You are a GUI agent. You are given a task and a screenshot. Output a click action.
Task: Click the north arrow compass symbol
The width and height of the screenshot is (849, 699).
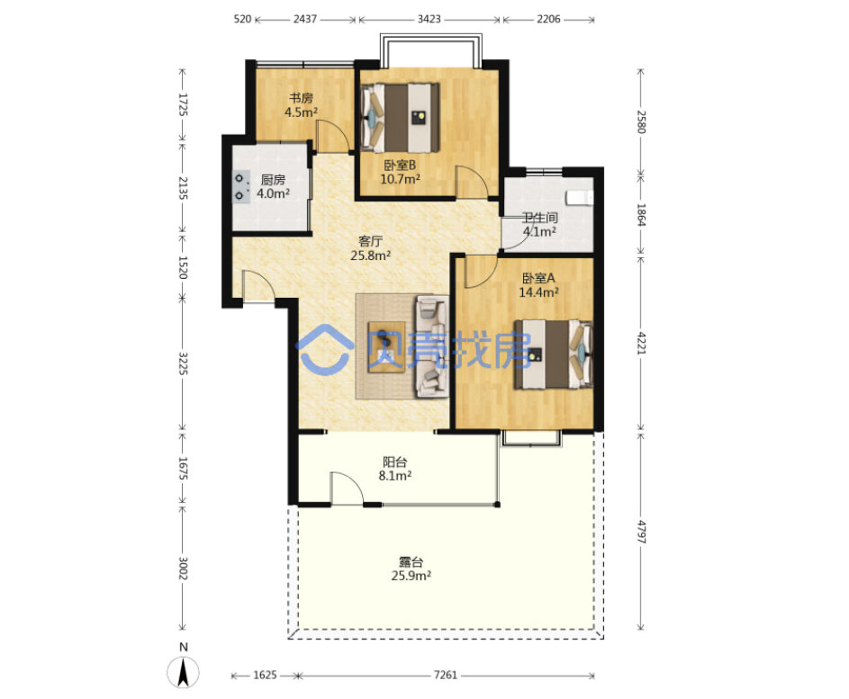184,672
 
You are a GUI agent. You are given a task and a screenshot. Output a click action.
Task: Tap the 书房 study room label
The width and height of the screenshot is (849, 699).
301,98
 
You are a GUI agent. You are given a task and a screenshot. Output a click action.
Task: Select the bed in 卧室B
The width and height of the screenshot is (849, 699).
402,118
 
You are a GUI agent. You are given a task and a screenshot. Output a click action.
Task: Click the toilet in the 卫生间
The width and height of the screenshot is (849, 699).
580,198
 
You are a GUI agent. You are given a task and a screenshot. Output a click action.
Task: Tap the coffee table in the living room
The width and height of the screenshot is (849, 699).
386,347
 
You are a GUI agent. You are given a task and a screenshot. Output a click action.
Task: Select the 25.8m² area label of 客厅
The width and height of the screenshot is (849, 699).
371,255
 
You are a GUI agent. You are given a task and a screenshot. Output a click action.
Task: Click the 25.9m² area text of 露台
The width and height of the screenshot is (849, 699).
411,576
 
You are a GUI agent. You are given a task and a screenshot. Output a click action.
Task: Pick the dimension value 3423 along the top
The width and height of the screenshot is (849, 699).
429,20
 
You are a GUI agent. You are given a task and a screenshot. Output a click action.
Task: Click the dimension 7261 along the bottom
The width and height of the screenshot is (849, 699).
446,676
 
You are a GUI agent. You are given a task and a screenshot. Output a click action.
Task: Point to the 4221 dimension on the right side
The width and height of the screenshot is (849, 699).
641,344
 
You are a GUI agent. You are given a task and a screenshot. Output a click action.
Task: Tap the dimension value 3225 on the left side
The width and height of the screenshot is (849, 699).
183,364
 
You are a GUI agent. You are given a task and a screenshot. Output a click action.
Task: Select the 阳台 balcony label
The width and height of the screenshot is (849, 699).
394,462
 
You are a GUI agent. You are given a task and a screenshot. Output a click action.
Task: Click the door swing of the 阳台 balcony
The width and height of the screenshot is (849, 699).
347,487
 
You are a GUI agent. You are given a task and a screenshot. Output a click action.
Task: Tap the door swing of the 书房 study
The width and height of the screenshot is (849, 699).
332,135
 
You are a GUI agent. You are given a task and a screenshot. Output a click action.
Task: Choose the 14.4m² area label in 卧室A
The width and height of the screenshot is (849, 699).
538,292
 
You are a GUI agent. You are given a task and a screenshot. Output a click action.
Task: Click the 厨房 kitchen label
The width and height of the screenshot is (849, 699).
273,180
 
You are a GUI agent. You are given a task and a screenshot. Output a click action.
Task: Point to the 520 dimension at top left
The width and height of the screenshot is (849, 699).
242,20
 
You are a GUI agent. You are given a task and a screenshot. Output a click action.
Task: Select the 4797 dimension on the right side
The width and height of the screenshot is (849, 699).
641,532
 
